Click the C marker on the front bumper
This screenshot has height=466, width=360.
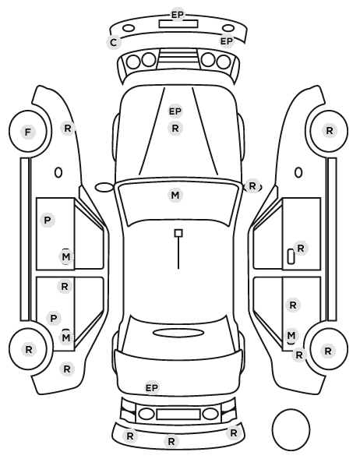coord(113,43)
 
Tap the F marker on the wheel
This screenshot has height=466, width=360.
coord(28,132)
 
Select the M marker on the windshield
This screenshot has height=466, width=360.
coord(175,196)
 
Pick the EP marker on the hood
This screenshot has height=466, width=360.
coord(175,111)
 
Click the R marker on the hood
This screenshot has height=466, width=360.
coord(175,129)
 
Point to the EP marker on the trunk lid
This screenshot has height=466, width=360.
coord(152,388)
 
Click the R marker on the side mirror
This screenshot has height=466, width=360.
coord(252,186)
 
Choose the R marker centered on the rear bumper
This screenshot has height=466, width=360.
coord(171,441)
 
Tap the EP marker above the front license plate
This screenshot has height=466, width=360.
coord(178,14)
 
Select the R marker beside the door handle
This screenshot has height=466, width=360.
coord(301,248)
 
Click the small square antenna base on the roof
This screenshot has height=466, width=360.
coord(178,233)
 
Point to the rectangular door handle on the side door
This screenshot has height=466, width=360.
coord(291,256)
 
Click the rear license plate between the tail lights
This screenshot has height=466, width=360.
coord(178,415)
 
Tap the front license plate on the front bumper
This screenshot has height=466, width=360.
coord(178,24)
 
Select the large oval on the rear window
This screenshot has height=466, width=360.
coord(178,334)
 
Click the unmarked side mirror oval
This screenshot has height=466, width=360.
coord(104,188)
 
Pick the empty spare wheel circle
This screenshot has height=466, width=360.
coord(291,429)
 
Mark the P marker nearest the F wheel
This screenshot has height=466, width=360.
coord(48,221)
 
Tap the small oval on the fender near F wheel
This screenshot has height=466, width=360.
coord(58,172)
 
